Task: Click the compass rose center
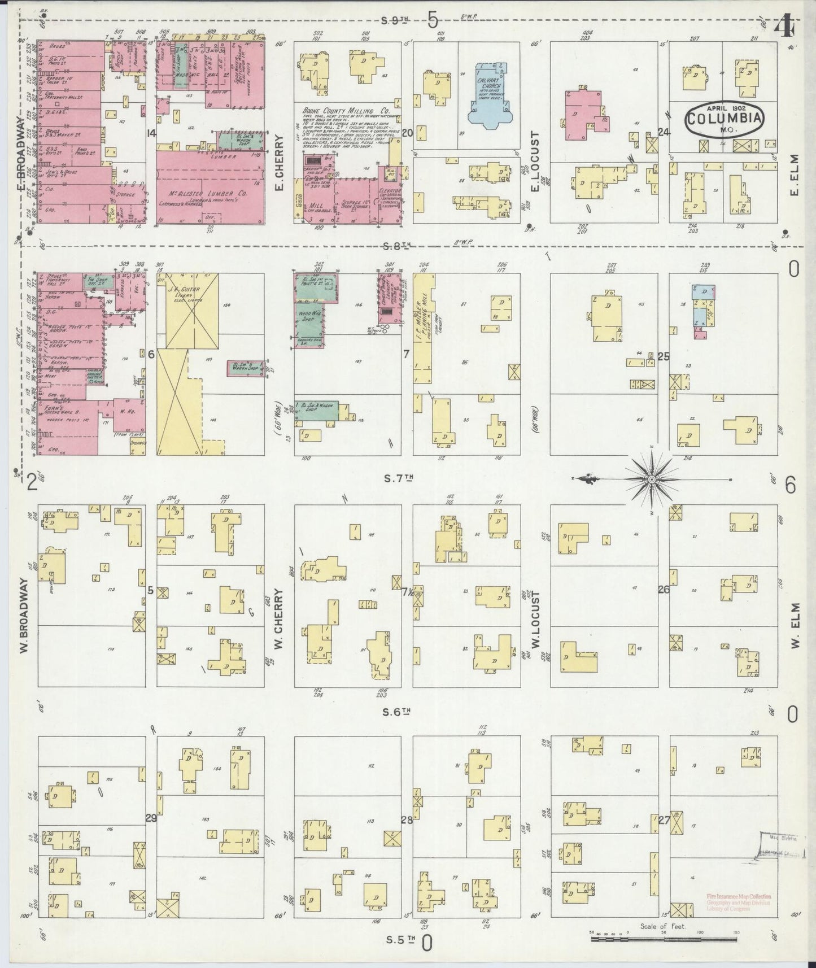pyautogui.click(x=651, y=479)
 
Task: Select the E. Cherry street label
pyautogui.click(x=279, y=163)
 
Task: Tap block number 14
pyautogui.click(x=151, y=133)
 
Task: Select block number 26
pyautogui.click(x=664, y=589)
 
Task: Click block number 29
pyautogui.click(x=151, y=818)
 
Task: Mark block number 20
pyautogui.click(x=407, y=133)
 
